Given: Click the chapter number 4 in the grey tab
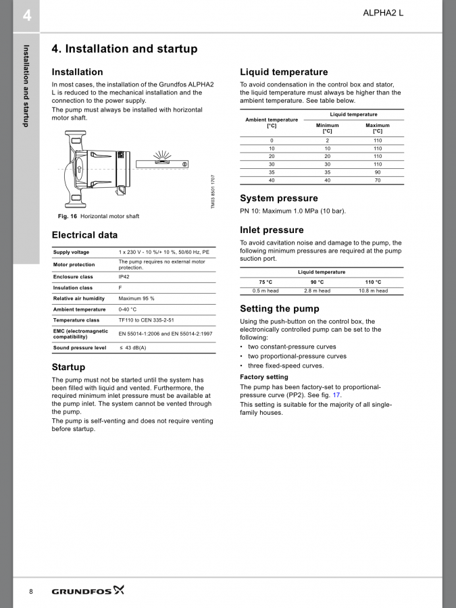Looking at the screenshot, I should pos(27,15).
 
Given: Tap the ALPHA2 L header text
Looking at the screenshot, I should pos(383,13).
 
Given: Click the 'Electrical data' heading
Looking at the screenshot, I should pos(84,235).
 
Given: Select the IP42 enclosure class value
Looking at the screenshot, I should pos(125,276).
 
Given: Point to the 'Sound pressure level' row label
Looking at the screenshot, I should pos(80,348).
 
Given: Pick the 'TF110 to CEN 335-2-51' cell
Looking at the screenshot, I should pos(146,320).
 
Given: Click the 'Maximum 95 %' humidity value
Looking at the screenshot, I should pos(136,298).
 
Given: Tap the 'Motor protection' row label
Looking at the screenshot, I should pos(74,264).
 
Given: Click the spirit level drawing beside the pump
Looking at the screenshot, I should pos(162,163).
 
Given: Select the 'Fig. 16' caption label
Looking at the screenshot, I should pos(68,216).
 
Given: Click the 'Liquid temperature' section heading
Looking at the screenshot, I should pos(284,72).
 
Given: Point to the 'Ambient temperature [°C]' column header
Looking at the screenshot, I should pos(272,122).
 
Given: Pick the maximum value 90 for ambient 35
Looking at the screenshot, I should pos(378,172).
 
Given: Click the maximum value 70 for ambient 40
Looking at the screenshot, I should pos(378,180).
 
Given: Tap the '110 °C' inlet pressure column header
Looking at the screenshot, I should pos(373,282).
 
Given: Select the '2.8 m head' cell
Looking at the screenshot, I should pos(318,291).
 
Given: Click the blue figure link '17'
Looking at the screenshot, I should pos(336,395).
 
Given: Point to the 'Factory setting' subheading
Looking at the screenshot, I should pos(264,377).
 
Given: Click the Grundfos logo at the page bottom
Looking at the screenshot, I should pos(88,591).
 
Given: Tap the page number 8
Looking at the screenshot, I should pos(31,591).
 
